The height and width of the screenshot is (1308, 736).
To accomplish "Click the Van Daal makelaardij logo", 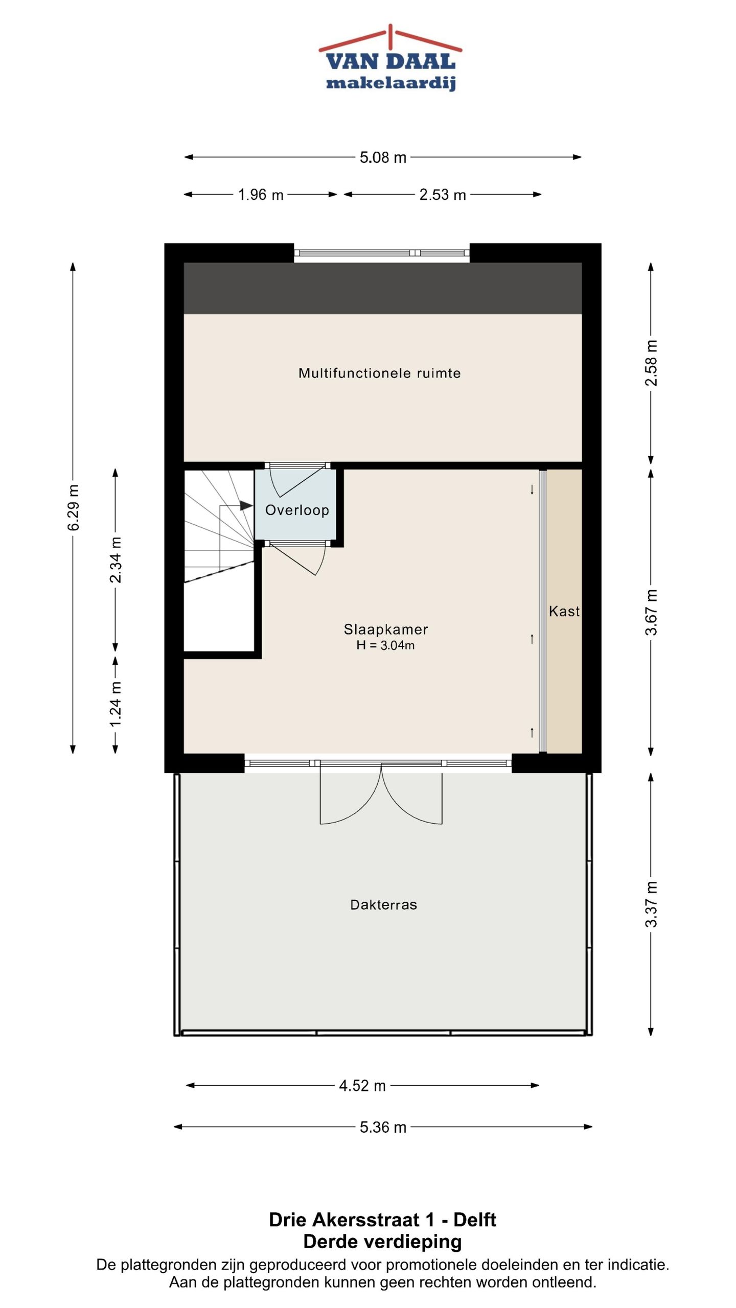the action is pos(390,58).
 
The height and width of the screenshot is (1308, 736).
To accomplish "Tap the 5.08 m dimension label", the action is pos(383,157).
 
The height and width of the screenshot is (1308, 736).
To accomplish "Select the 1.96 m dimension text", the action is pos(261,195).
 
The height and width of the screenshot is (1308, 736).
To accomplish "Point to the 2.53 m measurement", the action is pos(443,195).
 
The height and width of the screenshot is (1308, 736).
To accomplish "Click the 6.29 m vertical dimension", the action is pos(74,508).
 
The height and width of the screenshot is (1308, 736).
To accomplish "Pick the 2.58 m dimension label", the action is pos(651,363).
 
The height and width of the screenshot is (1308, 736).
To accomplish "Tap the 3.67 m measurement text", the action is pos(651,612).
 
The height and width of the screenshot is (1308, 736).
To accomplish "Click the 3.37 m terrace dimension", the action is pos(651,904).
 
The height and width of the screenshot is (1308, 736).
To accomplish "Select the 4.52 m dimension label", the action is pos(362,1086).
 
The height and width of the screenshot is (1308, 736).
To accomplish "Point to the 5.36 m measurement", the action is pos(383,1127).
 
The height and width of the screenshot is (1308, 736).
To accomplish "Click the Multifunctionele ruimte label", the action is pos(380,373).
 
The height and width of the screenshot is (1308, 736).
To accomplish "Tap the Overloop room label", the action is pos(297,510).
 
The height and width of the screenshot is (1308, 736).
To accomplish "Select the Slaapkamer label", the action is pos(386,629).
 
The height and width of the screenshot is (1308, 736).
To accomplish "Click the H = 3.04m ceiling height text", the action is pos(385,645).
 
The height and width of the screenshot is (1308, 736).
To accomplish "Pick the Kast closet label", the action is pos(564,611).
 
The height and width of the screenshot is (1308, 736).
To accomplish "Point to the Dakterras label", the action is pos(383,905).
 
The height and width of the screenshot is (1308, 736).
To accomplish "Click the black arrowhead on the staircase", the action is pos(246,506).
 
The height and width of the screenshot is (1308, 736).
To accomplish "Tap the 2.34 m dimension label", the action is pos(116,560).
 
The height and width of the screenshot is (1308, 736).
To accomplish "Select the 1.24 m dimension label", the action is pos(116,704).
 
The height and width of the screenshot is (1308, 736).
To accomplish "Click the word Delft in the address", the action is pos(475,1220).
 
